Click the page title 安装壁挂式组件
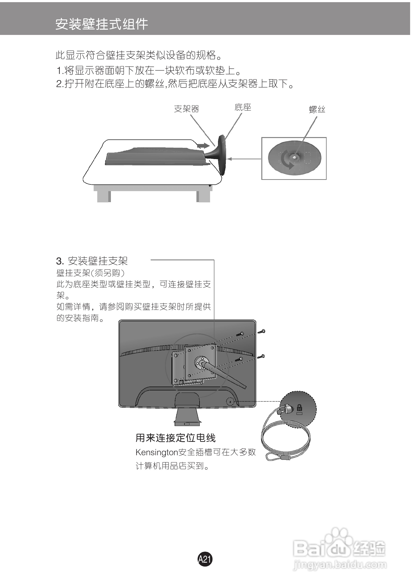point(102,24)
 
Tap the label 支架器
point(186,109)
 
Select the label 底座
point(243,108)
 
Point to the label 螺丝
point(317,110)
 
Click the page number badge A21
point(205,559)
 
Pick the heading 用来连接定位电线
point(176,438)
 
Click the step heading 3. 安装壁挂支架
point(92,261)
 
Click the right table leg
point(203,196)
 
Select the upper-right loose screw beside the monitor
point(261,332)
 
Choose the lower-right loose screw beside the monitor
point(261,356)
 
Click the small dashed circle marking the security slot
point(230,401)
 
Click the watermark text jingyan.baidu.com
point(340,565)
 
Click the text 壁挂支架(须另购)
point(90,273)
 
